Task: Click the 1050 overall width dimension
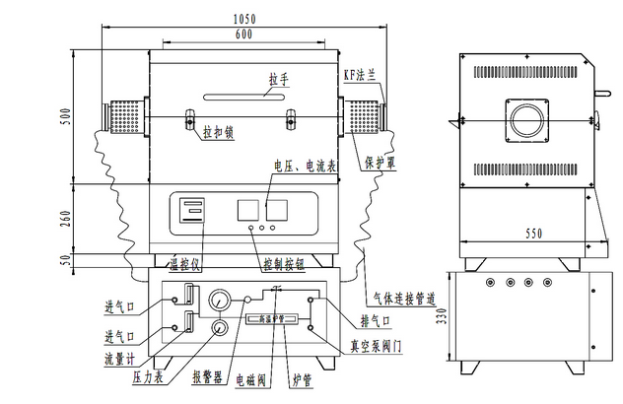pyautogui.click(x=245, y=19)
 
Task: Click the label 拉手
pyautogui.click(x=279, y=78)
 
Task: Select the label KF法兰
pyautogui.click(x=360, y=73)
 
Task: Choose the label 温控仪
pyautogui.click(x=183, y=265)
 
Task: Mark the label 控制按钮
pyautogui.click(x=287, y=265)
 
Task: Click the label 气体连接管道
pyautogui.click(x=406, y=297)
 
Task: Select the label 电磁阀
pyautogui.click(x=247, y=377)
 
